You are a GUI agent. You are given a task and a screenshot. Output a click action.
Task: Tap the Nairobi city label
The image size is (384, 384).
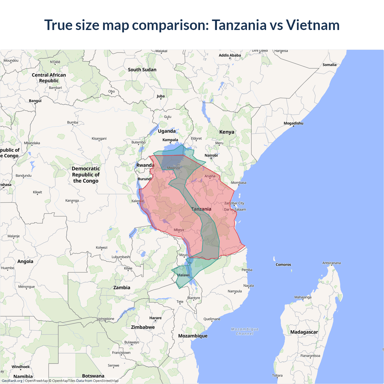[x=211, y=155]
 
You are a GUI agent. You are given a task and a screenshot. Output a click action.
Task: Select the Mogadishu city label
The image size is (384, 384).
[x=293, y=123]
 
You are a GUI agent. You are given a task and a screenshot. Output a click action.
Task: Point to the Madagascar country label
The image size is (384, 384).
[x=304, y=332]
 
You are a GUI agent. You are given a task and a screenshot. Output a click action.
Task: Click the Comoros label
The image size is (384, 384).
[x=283, y=265]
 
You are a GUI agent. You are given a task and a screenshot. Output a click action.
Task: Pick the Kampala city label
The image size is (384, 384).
[x=170, y=140]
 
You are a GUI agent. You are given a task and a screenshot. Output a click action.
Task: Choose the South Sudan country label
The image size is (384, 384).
[x=142, y=70]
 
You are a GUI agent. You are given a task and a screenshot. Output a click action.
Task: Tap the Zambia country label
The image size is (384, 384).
[x=121, y=287]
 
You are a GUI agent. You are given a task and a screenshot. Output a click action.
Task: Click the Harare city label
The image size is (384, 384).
[x=155, y=318]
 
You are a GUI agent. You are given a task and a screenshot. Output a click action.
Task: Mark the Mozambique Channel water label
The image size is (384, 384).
[x=244, y=331]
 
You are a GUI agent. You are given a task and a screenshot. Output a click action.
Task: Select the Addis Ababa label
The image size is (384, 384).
[x=229, y=55]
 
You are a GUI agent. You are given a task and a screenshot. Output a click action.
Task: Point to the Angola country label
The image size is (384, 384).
[x=25, y=261]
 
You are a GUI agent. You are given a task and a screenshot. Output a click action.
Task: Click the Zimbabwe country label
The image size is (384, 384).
[x=143, y=327]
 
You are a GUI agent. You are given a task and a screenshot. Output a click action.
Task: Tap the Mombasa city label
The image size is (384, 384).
[x=238, y=183]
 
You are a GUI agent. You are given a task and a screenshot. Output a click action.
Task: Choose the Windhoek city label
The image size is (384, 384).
[x=21, y=367]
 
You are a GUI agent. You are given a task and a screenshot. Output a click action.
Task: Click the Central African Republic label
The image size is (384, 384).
[x=49, y=78]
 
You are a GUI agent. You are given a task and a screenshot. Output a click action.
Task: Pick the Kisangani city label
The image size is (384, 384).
[x=99, y=139]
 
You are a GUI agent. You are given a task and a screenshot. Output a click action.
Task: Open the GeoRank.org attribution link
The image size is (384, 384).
[x=12, y=381]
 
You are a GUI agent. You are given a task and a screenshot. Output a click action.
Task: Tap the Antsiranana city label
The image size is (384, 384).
[x=331, y=263]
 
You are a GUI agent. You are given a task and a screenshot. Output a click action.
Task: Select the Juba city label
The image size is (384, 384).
[x=160, y=96]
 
